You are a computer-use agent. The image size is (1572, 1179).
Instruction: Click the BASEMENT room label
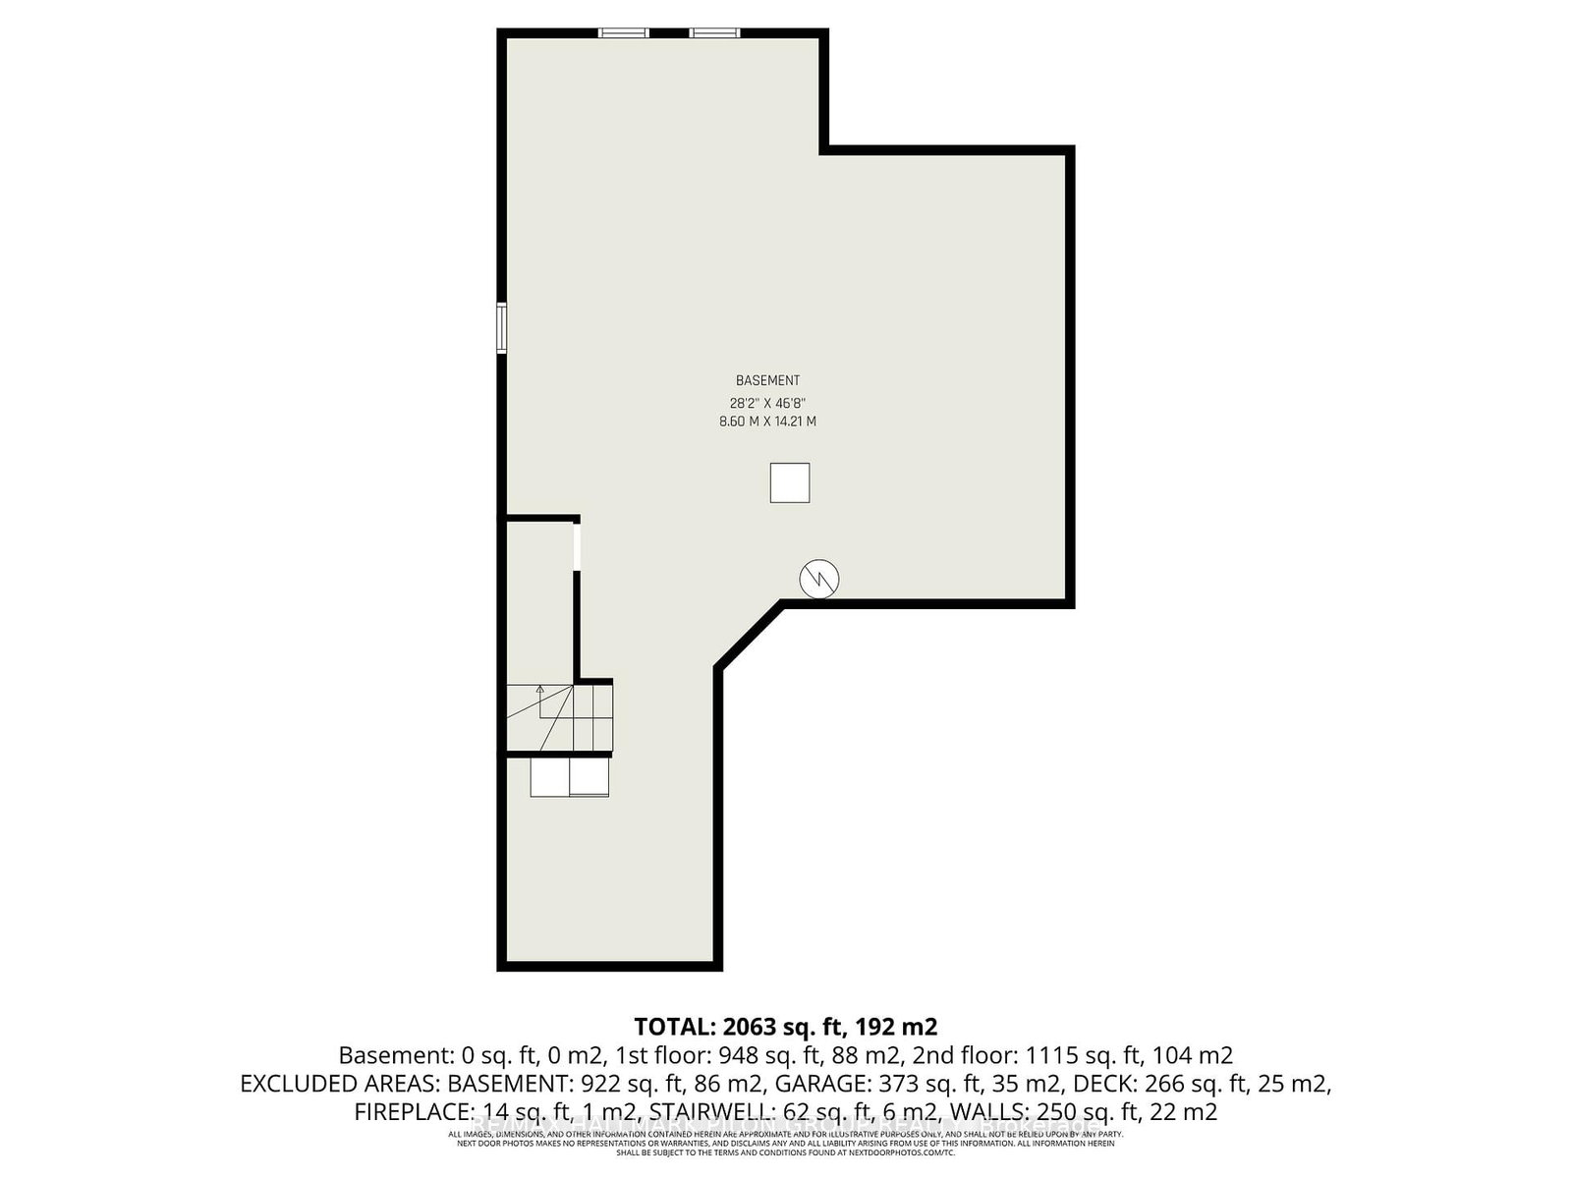[x=767, y=380]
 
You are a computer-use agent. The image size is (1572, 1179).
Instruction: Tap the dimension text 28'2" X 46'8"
[x=767, y=402]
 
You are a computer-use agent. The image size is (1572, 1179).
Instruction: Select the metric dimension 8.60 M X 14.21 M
[x=767, y=421]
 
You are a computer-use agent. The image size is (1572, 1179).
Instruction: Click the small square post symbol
[x=790, y=482]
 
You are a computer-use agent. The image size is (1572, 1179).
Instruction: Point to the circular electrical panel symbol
[x=818, y=579]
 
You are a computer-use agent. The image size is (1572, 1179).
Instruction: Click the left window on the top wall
[x=625, y=33]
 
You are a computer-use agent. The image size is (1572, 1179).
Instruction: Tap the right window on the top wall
[x=714, y=33]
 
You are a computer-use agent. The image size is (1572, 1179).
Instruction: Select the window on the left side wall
[x=501, y=328]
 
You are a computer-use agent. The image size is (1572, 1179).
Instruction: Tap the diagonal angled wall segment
[x=751, y=637]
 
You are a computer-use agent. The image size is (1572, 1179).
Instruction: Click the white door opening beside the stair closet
[x=577, y=546]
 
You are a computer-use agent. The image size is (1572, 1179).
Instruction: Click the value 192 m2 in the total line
[x=897, y=1027]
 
